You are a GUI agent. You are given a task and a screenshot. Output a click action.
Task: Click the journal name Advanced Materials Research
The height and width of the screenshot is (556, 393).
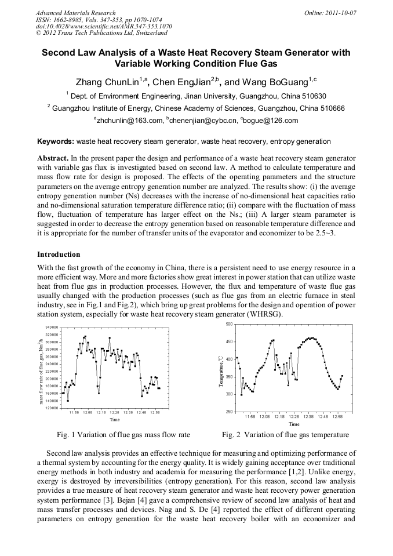pyautogui.click(x=75, y=13)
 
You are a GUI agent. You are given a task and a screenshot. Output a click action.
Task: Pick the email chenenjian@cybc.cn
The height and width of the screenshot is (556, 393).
pyautogui.click(x=201, y=121)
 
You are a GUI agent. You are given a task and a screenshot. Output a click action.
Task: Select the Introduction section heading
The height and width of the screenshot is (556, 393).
pyautogui.click(x=59, y=255)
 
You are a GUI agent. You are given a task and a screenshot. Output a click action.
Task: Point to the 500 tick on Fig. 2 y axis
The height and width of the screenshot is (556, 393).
pyautogui.click(x=229, y=324)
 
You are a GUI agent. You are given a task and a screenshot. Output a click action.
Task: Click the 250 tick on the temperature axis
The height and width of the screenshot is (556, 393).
pyautogui.click(x=229, y=412)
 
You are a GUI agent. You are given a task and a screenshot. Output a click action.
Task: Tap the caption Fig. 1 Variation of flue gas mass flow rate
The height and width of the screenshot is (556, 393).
pyautogui.click(x=123, y=435)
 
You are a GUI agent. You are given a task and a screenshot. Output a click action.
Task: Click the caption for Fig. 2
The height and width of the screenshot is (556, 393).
pyautogui.click(x=285, y=435)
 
